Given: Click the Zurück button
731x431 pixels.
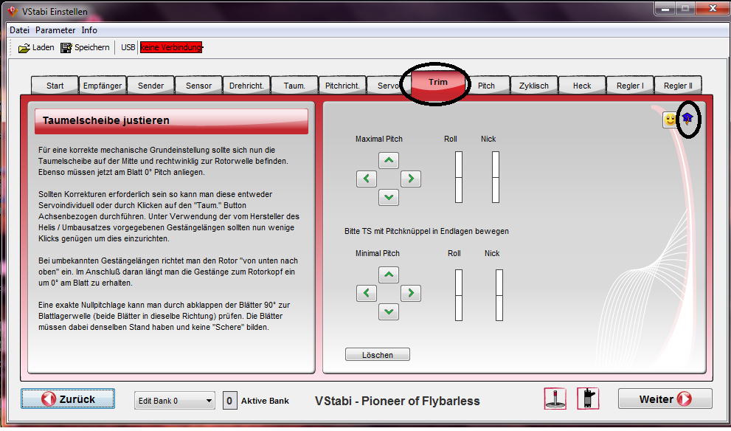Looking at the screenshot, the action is pyautogui.click(x=68, y=399).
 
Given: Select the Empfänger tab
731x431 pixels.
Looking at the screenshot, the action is pyautogui.click(x=102, y=86).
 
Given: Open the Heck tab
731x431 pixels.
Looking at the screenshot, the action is pyautogui.click(x=582, y=86).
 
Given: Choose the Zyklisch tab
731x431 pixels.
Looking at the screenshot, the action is pyautogui.click(x=534, y=86).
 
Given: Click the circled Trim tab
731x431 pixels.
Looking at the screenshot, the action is pyautogui.click(x=437, y=83).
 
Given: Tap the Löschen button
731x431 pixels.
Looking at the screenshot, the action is pyautogui.click(x=378, y=354).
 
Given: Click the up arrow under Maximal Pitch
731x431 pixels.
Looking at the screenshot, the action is pyautogui.click(x=389, y=160).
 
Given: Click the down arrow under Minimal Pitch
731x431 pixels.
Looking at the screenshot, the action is pyautogui.click(x=389, y=311).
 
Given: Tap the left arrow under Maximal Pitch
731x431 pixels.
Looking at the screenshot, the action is pyautogui.click(x=367, y=179).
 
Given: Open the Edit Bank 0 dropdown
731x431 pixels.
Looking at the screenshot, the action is pyautogui.click(x=175, y=401).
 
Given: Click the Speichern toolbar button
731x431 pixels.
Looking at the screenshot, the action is pyautogui.click(x=86, y=47).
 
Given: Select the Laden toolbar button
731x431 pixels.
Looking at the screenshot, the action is pyautogui.click(x=36, y=47).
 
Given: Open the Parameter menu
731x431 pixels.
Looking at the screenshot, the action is pyautogui.click(x=55, y=30).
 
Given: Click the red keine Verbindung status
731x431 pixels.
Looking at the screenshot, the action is pyautogui.click(x=171, y=47).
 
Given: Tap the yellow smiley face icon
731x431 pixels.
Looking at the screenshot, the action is pyautogui.click(x=670, y=120).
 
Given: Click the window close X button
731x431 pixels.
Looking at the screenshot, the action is pyautogui.click(x=713, y=8).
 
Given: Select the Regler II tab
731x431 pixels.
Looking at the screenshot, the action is pyautogui.click(x=678, y=86).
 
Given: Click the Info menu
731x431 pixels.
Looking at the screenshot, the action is pyautogui.click(x=89, y=30).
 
